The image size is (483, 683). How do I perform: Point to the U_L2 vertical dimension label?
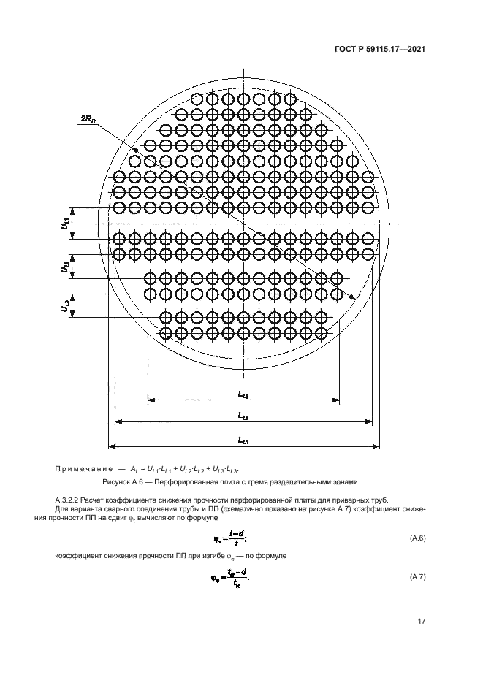(x=66, y=269)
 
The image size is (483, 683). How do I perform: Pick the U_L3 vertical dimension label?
(x=66, y=307)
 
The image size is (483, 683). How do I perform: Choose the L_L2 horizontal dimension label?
(x=243, y=415)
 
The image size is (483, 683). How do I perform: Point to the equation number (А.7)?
(x=416, y=578)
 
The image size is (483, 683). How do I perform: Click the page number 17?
(x=421, y=622)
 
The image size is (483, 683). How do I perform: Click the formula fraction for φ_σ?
(x=235, y=578)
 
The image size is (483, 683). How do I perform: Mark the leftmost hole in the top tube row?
(x=197, y=99)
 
